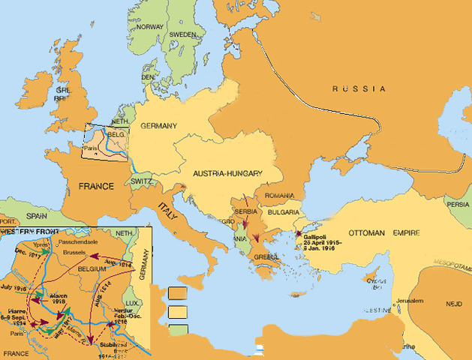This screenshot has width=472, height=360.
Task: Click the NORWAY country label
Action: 150,27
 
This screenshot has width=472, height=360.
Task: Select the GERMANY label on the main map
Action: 158,125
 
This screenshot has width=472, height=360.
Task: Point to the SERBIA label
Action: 248,212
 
